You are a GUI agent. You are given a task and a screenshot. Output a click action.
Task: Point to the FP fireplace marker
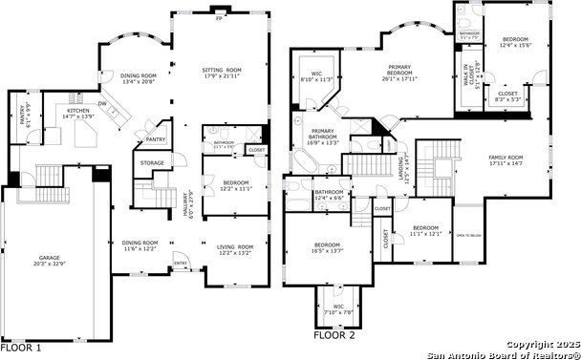[x=219, y=18]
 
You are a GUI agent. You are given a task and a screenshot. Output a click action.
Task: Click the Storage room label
[x=152, y=163]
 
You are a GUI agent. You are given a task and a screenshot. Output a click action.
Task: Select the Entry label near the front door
[x=180, y=264]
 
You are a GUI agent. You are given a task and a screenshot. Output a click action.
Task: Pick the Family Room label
[x=506, y=160]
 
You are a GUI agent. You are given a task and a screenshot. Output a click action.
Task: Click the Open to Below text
[x=468, y=235]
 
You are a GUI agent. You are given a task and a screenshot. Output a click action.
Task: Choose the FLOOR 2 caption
[x=335, y=335]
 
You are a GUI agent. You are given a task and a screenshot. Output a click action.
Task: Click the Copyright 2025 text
[x=542, y=343]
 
